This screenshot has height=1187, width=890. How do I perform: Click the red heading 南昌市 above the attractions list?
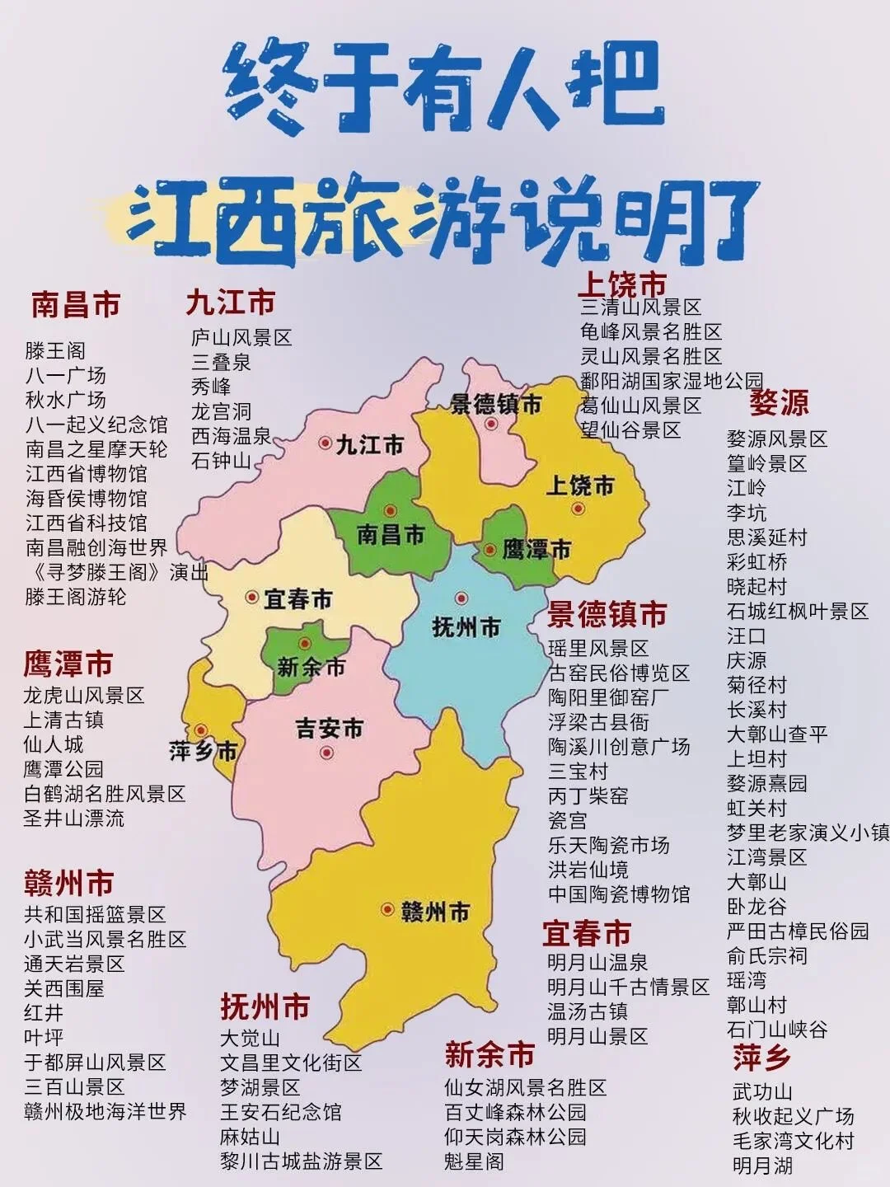pyautogui.click(x=76, y=305)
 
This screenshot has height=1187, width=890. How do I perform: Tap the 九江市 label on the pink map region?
pyautogui.click(x=370, y=445)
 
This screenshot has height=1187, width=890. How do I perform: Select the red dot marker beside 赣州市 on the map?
pyautogui.click(x=387, y=910)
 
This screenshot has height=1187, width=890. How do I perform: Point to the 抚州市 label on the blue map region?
pyautogui.click(x=466, y=628)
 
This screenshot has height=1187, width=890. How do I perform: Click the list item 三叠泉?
pyautogui.click(x=222, y=363)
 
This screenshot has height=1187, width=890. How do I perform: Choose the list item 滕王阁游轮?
pyautogui.click(x=76, y=597)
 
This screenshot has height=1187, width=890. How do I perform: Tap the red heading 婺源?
pyautogui.click(x=779, y=403)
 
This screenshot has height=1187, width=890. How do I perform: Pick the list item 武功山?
pyautogui.click(x=762, y=1092)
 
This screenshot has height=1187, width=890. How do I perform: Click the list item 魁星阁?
pyautogui.click(x=474, y=1162)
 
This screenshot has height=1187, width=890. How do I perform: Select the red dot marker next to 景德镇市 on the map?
pyautogui.click(x=491, y=425)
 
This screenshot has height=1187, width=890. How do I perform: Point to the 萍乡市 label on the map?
pyautogui.click(x=203, y=751)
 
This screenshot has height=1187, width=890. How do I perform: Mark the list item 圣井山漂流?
pyautogui.click(x=74, y=819)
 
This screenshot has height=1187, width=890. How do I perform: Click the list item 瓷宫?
pyautogui.click(x=568, y=821)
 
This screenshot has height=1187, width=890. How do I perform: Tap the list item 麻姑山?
pyautogui.click(x=250, y=1138)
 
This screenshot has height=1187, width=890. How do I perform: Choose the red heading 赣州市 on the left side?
pyautogui.click(x=68, y=884)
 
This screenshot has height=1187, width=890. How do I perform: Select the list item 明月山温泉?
pyautogui.click(x=597, y=963)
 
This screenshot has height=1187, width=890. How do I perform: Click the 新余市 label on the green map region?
pyautogui.click(x=311, y=667)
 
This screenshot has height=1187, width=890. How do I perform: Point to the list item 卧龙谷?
pyautogui.click(x=756, y=907)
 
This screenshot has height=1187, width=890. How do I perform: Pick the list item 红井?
pyautogui.click(x=44, y=1013)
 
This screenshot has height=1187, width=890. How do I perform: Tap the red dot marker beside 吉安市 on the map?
pyautogui.click(x=327, y=753)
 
